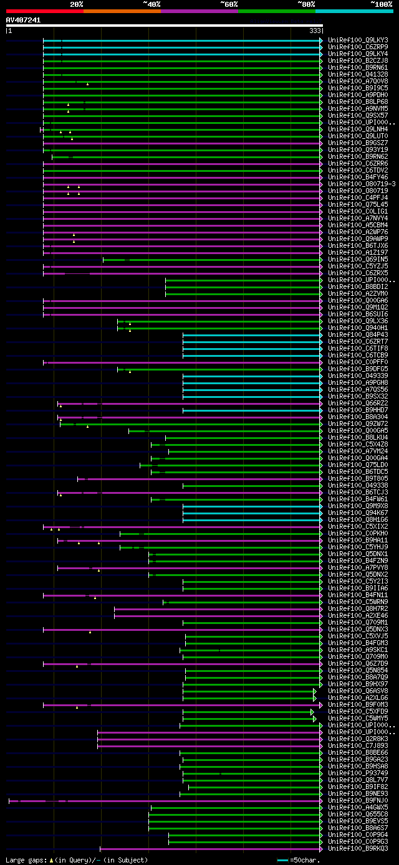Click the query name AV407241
pyautogui.click(x=23, y=20)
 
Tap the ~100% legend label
pyautogui.click(x=381, y=4)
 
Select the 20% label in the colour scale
pyautogui.click(x=77, y=4)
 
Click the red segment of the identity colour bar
pyautogui.click(x=44, y=11)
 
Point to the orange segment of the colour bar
pyautogui.click(x=122, y=11)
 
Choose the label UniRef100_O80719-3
pyautogui.click(x=362, y=184)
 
